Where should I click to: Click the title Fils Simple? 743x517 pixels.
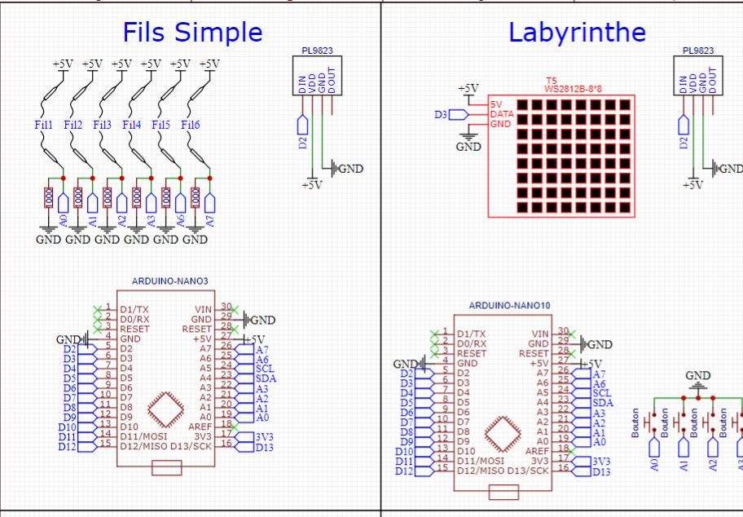pos(192,32)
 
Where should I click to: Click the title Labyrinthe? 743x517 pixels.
pos(577,32)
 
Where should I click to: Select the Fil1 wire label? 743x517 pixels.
pos(43,125)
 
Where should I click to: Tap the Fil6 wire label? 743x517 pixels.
pos(191,125)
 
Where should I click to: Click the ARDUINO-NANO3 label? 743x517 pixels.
pos(170,281)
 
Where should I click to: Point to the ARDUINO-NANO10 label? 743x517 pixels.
pos(510,305)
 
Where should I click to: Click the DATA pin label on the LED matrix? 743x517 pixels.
pos(502,114)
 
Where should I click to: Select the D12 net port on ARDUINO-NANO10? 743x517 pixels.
pos(405,471)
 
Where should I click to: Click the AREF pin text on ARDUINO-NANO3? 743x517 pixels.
pos(201,426)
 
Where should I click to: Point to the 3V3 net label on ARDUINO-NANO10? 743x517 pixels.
pos(600,462)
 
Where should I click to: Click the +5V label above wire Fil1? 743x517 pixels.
pos(63,64)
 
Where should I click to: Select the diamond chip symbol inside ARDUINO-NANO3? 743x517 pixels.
pos(165,406)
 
